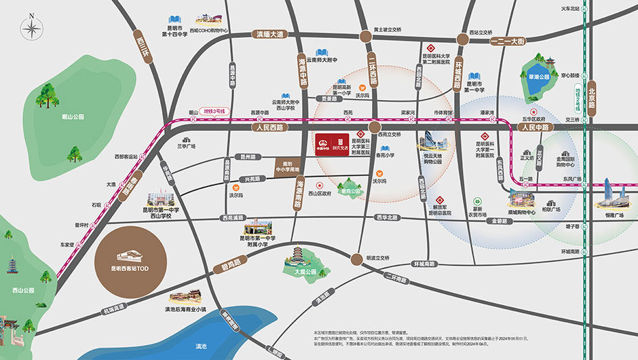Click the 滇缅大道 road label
click(x=269, y=34)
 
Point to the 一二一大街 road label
click(x=508, y=41)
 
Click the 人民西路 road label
click(x=269, y=127)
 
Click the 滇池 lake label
click(x=201, y=346)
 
